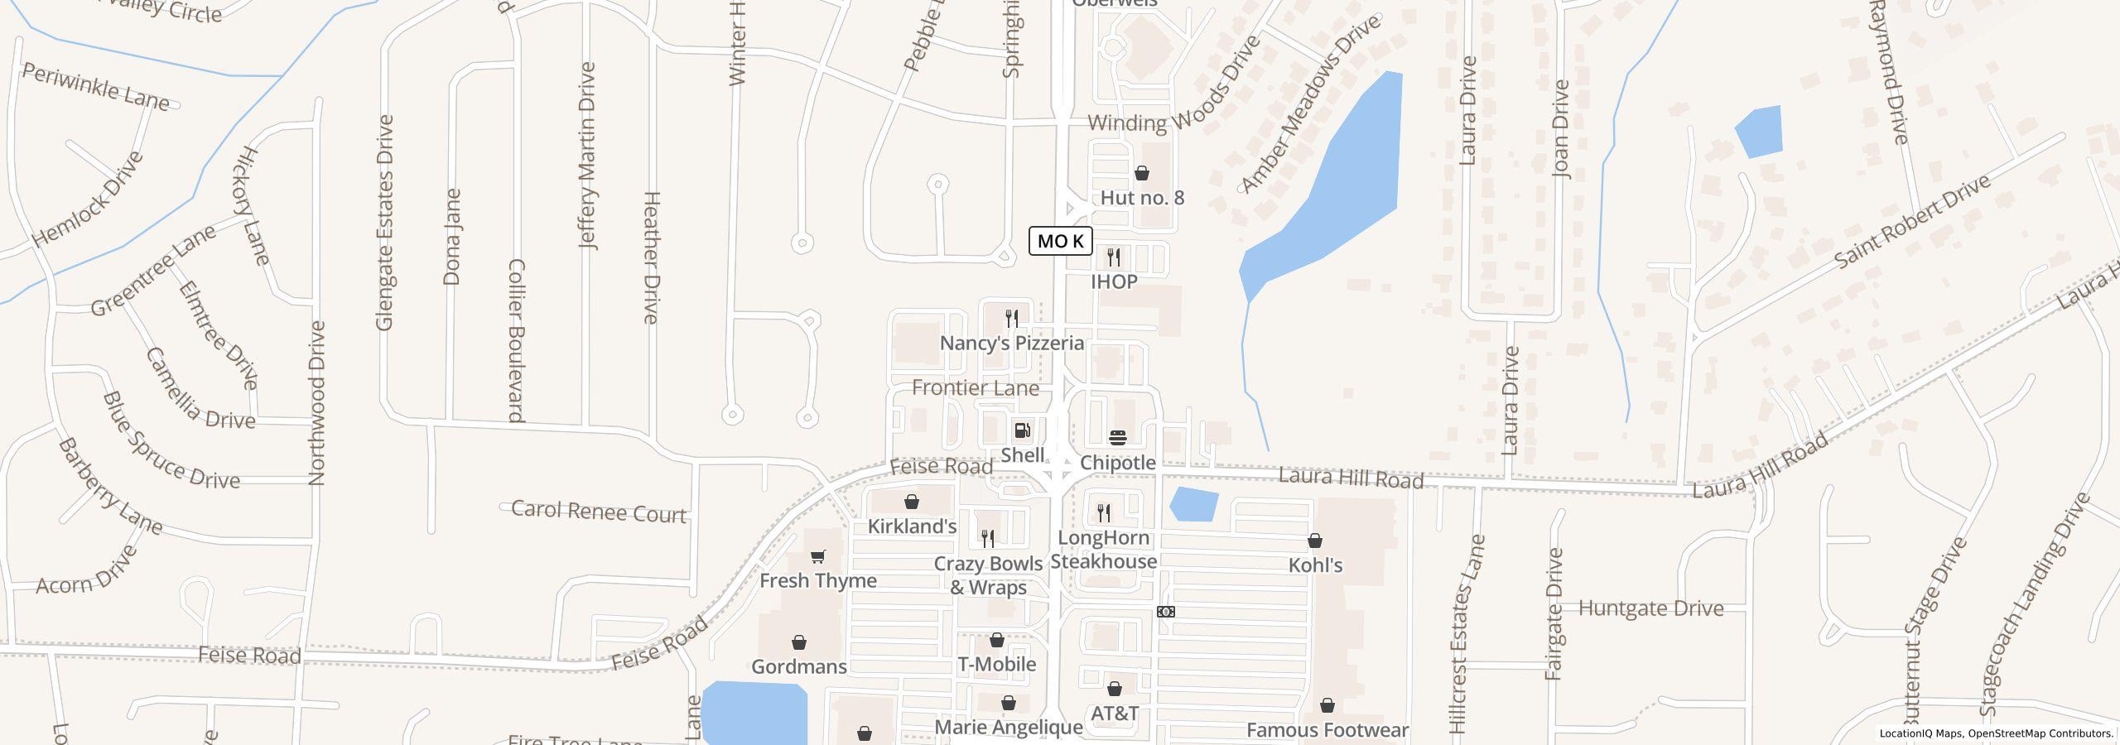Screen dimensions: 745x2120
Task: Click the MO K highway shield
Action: (x=1061, y=241)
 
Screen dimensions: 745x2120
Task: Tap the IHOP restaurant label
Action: (x=1114, y=281)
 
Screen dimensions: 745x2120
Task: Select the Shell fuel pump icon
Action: (x=1023, y=430)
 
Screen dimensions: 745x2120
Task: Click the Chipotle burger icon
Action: (x=1118, y=437)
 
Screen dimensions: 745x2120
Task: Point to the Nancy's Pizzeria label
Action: (x=1011, y=343)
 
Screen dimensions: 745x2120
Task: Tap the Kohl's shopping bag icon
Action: (x=1315, y=541)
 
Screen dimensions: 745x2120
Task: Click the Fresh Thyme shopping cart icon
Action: (x=818, y=556)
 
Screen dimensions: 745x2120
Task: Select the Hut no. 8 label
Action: (x=1142, y=198)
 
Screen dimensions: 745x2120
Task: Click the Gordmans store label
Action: (x=798, y=666)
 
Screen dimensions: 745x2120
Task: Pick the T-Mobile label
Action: (x=996, y=664)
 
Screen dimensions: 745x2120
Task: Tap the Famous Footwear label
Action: (x=1327, y=730)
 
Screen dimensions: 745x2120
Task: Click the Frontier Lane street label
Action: (x=975, y=387)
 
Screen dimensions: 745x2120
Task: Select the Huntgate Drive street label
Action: (x=1650, y=608)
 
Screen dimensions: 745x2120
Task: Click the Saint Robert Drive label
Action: (x=1911, y=221)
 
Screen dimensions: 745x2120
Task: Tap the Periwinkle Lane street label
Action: (x=95, y=87)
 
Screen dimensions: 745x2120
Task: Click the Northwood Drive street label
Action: (x=317, y=403)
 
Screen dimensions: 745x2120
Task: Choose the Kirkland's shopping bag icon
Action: (x=912, y=502)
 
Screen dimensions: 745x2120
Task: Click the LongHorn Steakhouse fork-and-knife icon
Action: (x=1103, y=513)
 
